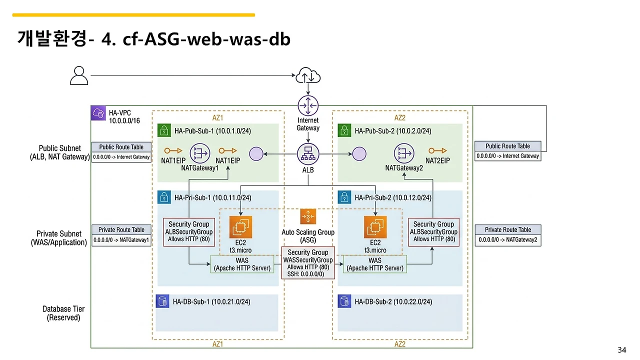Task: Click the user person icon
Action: click(x=79, y=75)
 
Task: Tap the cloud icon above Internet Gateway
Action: click(x=308, y=76)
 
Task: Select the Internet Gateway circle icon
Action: click(x=308, y=105)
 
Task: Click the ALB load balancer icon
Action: click(x=308, y=153)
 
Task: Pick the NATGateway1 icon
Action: click(x=200, y=153)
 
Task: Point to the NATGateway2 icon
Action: click(x=404, y=153)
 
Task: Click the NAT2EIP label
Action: click(x=437, y=160)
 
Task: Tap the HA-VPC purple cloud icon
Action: click(x=98, y=113)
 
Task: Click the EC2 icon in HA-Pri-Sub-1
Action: click(x=240, y=227)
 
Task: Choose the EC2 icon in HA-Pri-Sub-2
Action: click(x=375, y=227)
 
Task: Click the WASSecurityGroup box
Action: click(x=308, y=263)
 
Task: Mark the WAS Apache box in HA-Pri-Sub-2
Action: click(x=375, y=264)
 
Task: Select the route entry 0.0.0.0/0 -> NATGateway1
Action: click(x=121, y=240)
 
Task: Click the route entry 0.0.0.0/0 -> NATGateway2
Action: click(x=508, y=240)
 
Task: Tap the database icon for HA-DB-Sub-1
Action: click(x=162, y=301)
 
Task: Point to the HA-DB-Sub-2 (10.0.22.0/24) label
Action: click(x=393, y=301)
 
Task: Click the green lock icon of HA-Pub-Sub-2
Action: click(x=343, y=131)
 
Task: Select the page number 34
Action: click(x=622, y=349)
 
